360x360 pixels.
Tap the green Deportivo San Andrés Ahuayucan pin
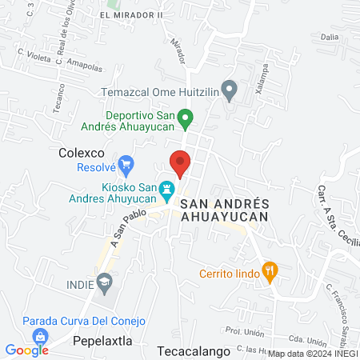pyautogui.click(x=186, y=120)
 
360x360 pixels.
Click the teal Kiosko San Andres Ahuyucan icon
pyautogui.click(x=167, y=190)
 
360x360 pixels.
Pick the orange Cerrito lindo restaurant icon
pyautogui.click(x=270, y=271)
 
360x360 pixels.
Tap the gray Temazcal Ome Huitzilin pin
pyautogui.click(x=230, y=90)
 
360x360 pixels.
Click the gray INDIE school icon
pyautogui.click(x=104, y=281)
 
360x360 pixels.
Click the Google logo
pyautogui.click(x=26, y=350)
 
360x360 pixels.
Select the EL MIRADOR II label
pyautogui.click(x=132, y=15)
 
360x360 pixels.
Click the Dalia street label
pyautogui.click(x=330, y=36)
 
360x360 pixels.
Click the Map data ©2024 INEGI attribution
pyautogui.click(x=313, y=353)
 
